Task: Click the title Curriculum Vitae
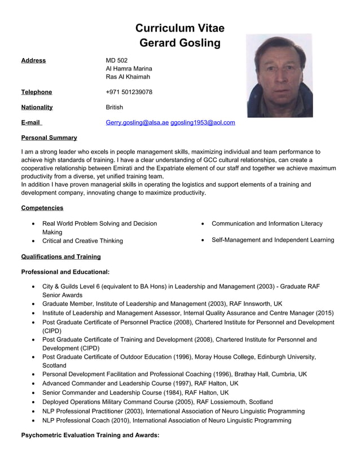179,28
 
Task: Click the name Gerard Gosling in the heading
179,43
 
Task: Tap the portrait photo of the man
279,76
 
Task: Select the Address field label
33,60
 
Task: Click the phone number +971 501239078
129,92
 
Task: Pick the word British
114,107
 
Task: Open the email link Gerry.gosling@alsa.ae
137,122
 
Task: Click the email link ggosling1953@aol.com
203,122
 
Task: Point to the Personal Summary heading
49,138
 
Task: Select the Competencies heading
42,208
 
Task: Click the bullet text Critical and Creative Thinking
82,241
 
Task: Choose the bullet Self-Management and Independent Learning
273,240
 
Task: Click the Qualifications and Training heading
60,257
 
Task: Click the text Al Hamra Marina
129,69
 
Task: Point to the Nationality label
37,107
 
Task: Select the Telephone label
36,92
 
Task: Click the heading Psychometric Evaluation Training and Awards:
90,436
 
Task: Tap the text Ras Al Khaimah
128,77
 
